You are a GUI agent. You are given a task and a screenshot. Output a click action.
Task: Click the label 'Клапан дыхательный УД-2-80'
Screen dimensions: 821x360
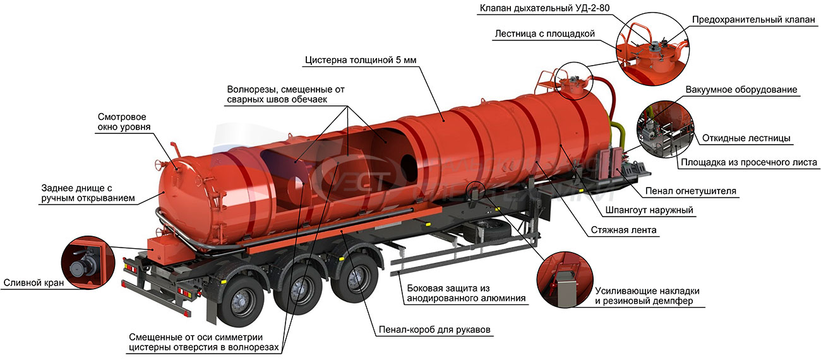544,8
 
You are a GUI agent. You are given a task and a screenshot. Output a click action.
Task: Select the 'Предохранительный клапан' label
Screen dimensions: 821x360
753,20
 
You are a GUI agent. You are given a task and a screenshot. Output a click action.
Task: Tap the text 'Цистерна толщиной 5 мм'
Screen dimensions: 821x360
361,60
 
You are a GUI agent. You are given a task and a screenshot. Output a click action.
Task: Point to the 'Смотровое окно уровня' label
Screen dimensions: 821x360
124,122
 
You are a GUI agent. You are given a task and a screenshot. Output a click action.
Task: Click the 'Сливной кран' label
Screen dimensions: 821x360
33,283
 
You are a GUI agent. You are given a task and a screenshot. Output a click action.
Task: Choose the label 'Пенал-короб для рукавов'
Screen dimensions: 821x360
434,330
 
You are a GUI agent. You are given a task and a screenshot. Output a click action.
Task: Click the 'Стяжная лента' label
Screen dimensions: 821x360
623,231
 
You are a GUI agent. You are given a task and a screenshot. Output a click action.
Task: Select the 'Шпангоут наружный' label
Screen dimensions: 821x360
649,210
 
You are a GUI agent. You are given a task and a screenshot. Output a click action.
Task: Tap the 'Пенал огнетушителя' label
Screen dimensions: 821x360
690,191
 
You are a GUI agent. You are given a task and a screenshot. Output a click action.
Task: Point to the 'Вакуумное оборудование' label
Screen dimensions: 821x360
741,90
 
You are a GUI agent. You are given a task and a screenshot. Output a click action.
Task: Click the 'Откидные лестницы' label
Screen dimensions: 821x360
746,138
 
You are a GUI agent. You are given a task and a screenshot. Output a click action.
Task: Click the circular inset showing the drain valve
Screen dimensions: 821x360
88,263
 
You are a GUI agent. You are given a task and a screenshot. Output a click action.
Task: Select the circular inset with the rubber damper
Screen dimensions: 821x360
565,279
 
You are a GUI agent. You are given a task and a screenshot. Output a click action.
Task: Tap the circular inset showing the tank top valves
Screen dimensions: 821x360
652,49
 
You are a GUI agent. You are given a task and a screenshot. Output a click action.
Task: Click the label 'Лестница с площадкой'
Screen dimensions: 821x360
544,33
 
